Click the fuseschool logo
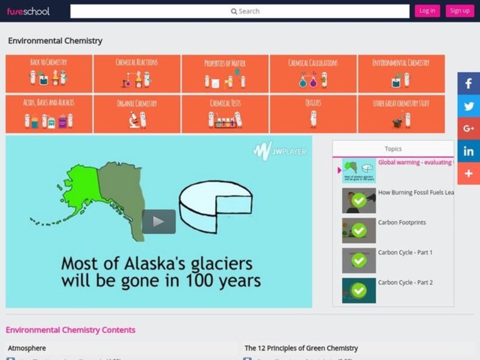point(28,11)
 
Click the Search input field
point(239,11)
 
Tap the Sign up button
point(460,11)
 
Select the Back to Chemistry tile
point(49,74)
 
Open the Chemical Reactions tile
point(137,74)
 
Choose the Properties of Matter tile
point(225,74)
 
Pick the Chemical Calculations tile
point(313,74)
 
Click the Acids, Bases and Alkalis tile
point(49,114)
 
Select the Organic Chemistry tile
point(137,114)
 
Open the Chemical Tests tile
point(225,114)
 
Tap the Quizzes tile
point(313,114)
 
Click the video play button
point(158,221)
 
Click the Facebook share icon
point(469,83)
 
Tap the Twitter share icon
point(469,106)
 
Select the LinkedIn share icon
point(469,151)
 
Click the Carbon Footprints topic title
point(402,223)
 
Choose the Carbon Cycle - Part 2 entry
point(405,283)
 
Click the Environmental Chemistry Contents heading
point(70,330)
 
